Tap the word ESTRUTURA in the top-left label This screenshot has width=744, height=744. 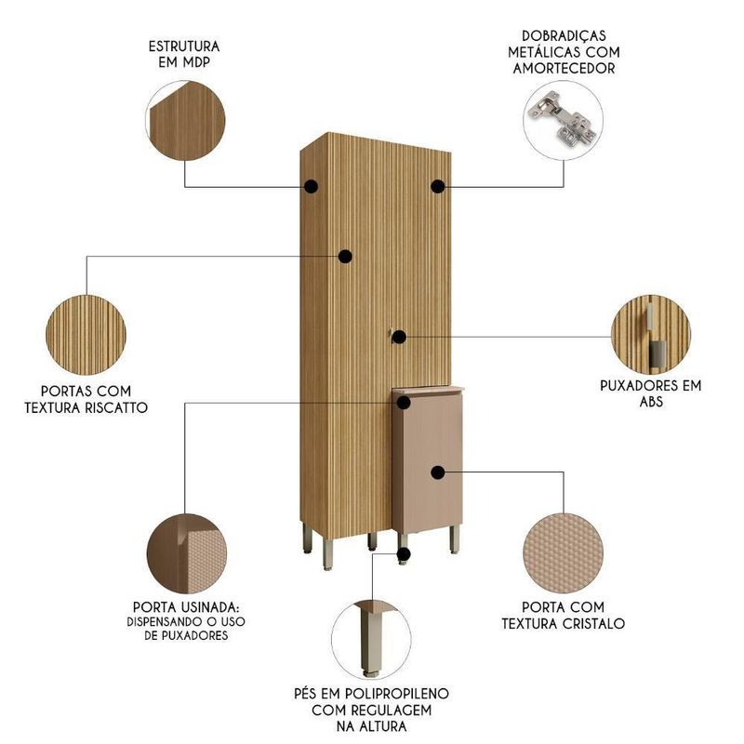pos(184,46)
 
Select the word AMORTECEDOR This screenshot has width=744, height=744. pos(564,68)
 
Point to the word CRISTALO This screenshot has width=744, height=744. pos(593,623)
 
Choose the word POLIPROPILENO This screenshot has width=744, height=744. pos(397,694)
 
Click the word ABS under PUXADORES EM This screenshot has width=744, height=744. pos(651,402)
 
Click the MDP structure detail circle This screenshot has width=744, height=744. pos(185,121)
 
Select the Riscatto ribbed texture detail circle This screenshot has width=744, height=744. pos(86,335)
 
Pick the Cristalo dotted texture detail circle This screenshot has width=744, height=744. pos(564,553)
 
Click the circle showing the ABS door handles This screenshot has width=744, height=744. pos(651,335)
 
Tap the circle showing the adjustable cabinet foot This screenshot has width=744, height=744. pos(371,640)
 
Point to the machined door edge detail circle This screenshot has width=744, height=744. pos(187,553)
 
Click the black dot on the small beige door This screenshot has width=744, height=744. pos(438,472)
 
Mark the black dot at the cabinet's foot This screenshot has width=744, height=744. pos(404,553)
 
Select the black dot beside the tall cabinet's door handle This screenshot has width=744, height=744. pos(399,337)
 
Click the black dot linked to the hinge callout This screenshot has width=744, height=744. pos(438,187)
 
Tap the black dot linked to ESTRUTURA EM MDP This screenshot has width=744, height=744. pos(311,187)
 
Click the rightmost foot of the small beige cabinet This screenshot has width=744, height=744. pos(455,539)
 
